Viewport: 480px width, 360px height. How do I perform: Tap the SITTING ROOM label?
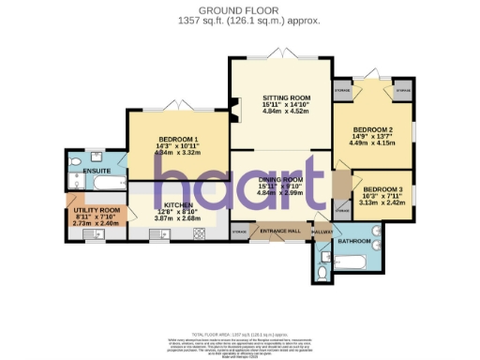279,97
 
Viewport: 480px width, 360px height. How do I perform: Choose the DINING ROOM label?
279,179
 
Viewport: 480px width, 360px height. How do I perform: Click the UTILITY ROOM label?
97,210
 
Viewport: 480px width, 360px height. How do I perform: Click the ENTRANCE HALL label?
278,230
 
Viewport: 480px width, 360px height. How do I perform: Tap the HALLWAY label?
322,231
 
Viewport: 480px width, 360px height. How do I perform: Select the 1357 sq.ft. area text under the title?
239,20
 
